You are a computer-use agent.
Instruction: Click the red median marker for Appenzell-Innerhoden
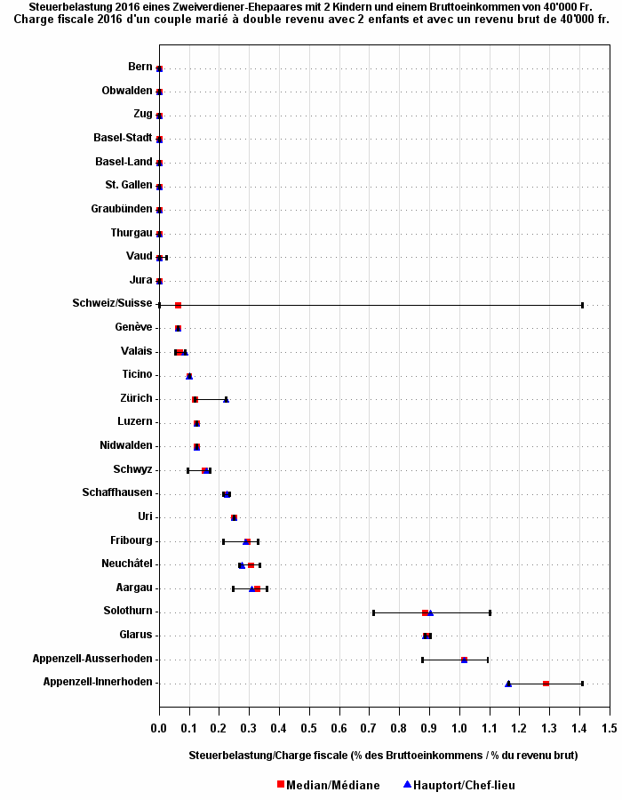pyautogui.click(x=546, y=684)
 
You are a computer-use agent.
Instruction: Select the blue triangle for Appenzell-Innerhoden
pyautogui.click(x=508, y=684)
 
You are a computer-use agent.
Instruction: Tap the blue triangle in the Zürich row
pyautogui.click(x=226, y=399)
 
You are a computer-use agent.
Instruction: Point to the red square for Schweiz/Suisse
pyautogui.click(x=178, y=305)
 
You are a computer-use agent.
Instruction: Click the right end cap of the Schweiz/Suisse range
pyautogui.click(x=582, y=305)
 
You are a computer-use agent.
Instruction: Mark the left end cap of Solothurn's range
pyautogui.click(x=373, y=612)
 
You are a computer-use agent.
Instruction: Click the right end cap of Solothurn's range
pyautogui.click(x=490, y=612)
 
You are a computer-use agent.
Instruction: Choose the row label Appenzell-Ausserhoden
pyautogui.click(x=98, y=659)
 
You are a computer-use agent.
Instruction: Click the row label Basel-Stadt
pyautogui.click(x=123, y=138)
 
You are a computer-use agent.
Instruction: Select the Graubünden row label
pyautogui.click(x=122, y=209)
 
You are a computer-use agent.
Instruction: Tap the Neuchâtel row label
pyautogui.click(x=127, y=564)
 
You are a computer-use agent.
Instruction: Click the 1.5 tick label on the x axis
pyautogui.click(x=610, y=728)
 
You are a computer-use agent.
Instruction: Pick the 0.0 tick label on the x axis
pyautogui.click(x=159, y=728)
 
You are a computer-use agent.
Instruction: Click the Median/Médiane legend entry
pyautogui.click(x=328, y=785)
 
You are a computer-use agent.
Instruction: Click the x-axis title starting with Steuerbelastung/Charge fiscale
pyautogui.click(x=383, y=756)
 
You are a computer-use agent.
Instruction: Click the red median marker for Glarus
pyautogui.click(x=427, y=636)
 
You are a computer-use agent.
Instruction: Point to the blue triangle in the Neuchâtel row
pyautogui.click(x=242, y=565)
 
